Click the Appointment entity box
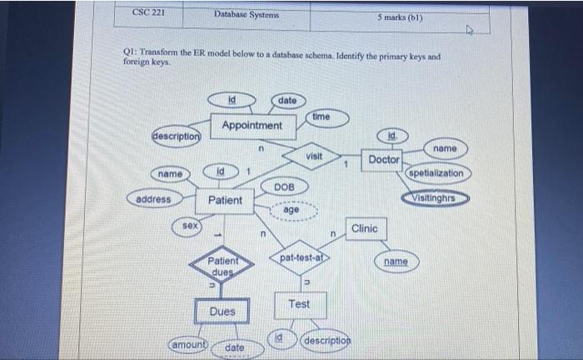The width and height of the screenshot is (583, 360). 252,126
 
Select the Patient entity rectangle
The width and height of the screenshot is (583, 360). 225,200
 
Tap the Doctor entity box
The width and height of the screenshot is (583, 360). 384,158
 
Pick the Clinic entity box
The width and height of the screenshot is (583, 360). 365,228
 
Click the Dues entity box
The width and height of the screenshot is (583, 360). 222,312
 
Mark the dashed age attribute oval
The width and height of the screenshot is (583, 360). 291,211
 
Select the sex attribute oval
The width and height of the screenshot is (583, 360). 190,227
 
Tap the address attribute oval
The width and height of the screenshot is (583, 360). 153,199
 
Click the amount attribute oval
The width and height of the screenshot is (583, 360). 188,344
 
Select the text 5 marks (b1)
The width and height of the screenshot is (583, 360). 405,16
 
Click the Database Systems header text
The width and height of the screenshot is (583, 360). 246,15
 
